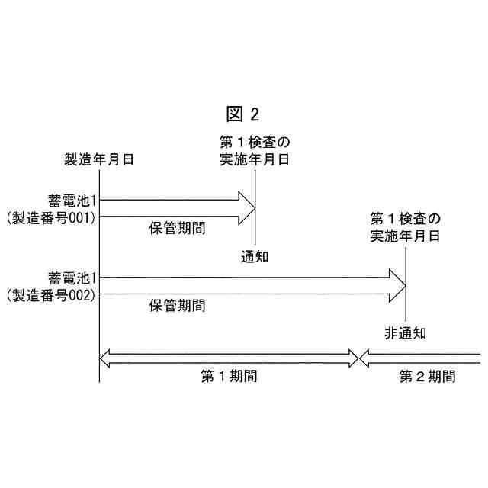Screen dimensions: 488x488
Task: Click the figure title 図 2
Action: [x=244, y=114]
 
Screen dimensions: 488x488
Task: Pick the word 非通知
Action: [x=406, y=332]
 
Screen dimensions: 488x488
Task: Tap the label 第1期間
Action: [x=229, y=376]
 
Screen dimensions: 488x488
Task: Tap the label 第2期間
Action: [x=428, y=376]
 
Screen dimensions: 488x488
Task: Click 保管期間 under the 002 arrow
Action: [x=177, y=306]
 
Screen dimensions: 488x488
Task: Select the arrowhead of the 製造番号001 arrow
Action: [x=246, y=209]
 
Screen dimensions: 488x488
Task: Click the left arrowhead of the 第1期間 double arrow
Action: [x=108, y=358]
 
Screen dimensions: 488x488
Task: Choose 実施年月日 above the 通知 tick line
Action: [x=255, y=159]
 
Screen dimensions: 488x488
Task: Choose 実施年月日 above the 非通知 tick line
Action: [x=406, y=236]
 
